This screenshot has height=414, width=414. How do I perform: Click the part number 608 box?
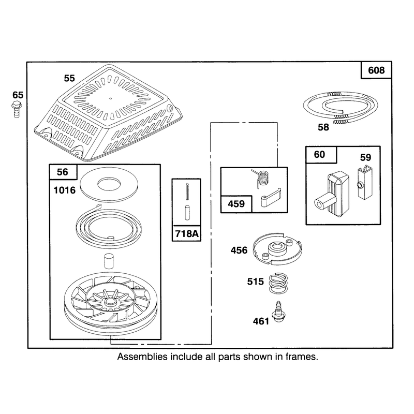[x=376, y=70]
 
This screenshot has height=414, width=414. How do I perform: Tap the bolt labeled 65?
[x=17, y=110]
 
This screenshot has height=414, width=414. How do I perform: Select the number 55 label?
[x=69, y=78]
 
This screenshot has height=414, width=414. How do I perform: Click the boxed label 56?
[x=63, y=172]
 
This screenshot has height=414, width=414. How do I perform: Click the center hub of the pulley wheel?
[x=111, y=301]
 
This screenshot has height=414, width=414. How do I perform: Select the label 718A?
[x=186, y=233]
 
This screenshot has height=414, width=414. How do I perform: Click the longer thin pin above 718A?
[x=187, y=191]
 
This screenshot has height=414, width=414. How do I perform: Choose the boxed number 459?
[x=236, y=204]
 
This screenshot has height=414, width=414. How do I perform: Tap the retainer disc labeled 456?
[x=277, y=248]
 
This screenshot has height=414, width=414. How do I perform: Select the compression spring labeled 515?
[x=278, y=283]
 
